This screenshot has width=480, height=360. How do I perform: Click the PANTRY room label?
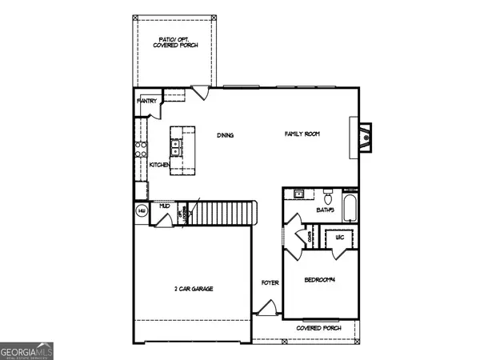(146, 102)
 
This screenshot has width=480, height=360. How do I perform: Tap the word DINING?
(225, 135)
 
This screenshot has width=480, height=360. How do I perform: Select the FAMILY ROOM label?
(302, 134)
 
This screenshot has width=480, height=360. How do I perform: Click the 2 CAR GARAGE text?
(194, 289)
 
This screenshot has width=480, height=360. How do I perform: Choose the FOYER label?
(269, 283)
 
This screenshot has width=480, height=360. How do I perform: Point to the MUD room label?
(164, 206)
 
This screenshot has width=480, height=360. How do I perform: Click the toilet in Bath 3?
(328, 197)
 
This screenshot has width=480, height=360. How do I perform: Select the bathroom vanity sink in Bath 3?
(298, 194)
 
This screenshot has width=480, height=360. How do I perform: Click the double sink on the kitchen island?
(175, 146)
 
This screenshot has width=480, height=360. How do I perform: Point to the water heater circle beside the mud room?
(142, 210)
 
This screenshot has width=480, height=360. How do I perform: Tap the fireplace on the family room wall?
(364, 133)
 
